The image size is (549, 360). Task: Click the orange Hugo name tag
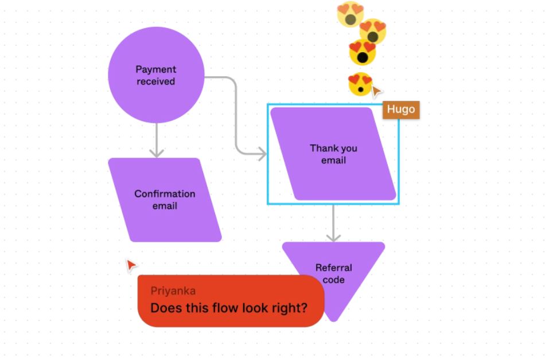(400, 109)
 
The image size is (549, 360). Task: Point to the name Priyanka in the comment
(173, 291)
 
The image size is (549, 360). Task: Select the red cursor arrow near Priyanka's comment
(131, 265)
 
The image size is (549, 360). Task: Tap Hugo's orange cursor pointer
(376, 91)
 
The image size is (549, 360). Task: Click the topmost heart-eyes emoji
(350, 14)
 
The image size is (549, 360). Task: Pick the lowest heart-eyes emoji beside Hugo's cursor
(360, 85)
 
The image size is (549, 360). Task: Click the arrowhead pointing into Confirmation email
(156, 152)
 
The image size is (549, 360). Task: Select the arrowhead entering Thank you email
(262, 154)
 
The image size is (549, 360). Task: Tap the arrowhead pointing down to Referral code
(333, 236)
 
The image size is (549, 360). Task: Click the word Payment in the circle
(155, 69)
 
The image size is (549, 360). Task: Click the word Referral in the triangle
(333, 268)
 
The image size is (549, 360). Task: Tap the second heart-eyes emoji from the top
(373, 31)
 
